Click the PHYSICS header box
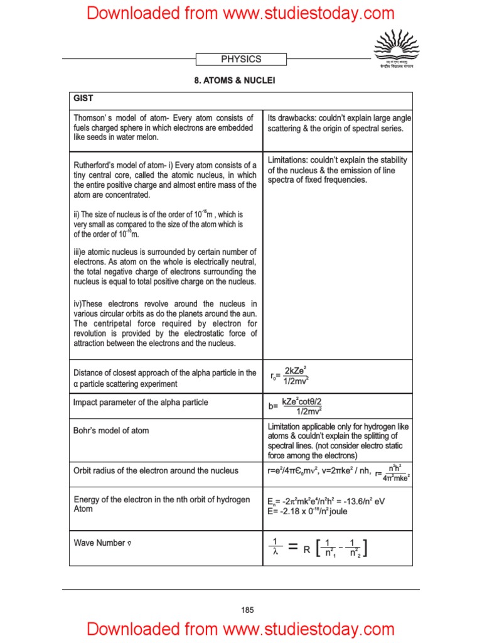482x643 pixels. (x=241, y=59)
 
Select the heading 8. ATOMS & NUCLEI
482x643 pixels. (x=241, y=81)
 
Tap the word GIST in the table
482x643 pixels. (x=84, y=99)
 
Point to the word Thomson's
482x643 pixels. (x=92, y=118)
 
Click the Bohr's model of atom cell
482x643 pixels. (x=111, y=431)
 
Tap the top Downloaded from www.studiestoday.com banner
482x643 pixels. (x=241, y=13)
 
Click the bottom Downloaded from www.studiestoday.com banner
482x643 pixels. (x=241, y=629)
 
